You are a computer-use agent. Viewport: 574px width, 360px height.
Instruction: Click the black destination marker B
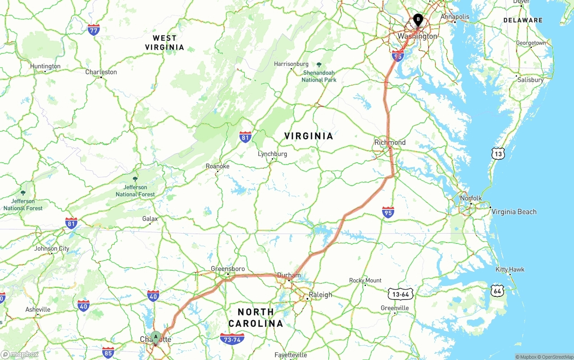coord(418,20)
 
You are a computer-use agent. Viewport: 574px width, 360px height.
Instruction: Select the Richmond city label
coord(390,143)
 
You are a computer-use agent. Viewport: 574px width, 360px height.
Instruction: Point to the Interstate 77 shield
coord(93,30)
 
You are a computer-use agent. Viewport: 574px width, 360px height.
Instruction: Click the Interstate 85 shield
coord(108,352)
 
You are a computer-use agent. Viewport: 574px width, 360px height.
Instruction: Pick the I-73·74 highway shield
coord(232,339)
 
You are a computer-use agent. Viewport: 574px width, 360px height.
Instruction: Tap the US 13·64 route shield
coord(400,294)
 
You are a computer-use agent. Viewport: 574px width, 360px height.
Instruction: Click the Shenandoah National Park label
coord(319,76)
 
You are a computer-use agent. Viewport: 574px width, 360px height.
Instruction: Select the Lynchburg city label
coord(272,154)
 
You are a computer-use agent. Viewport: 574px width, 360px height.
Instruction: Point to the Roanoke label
coord(217,166)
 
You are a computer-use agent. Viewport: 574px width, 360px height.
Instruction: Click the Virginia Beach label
coord(514,212)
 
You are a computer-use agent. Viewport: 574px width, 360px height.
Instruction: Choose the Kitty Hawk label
coord(510,269)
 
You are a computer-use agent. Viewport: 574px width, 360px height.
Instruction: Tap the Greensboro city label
coord(227,269)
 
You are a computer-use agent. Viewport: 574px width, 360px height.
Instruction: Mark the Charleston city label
coord(101,72)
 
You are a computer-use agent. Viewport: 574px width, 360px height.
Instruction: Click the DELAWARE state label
coord(522,20)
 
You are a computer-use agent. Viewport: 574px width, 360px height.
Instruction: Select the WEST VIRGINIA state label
coord(165,43)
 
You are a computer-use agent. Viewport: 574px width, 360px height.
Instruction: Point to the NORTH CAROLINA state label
coord(256,317)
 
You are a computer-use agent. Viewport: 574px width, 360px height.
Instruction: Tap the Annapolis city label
coord(455,17)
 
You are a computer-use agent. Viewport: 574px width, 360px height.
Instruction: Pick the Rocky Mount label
coord(365,281)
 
